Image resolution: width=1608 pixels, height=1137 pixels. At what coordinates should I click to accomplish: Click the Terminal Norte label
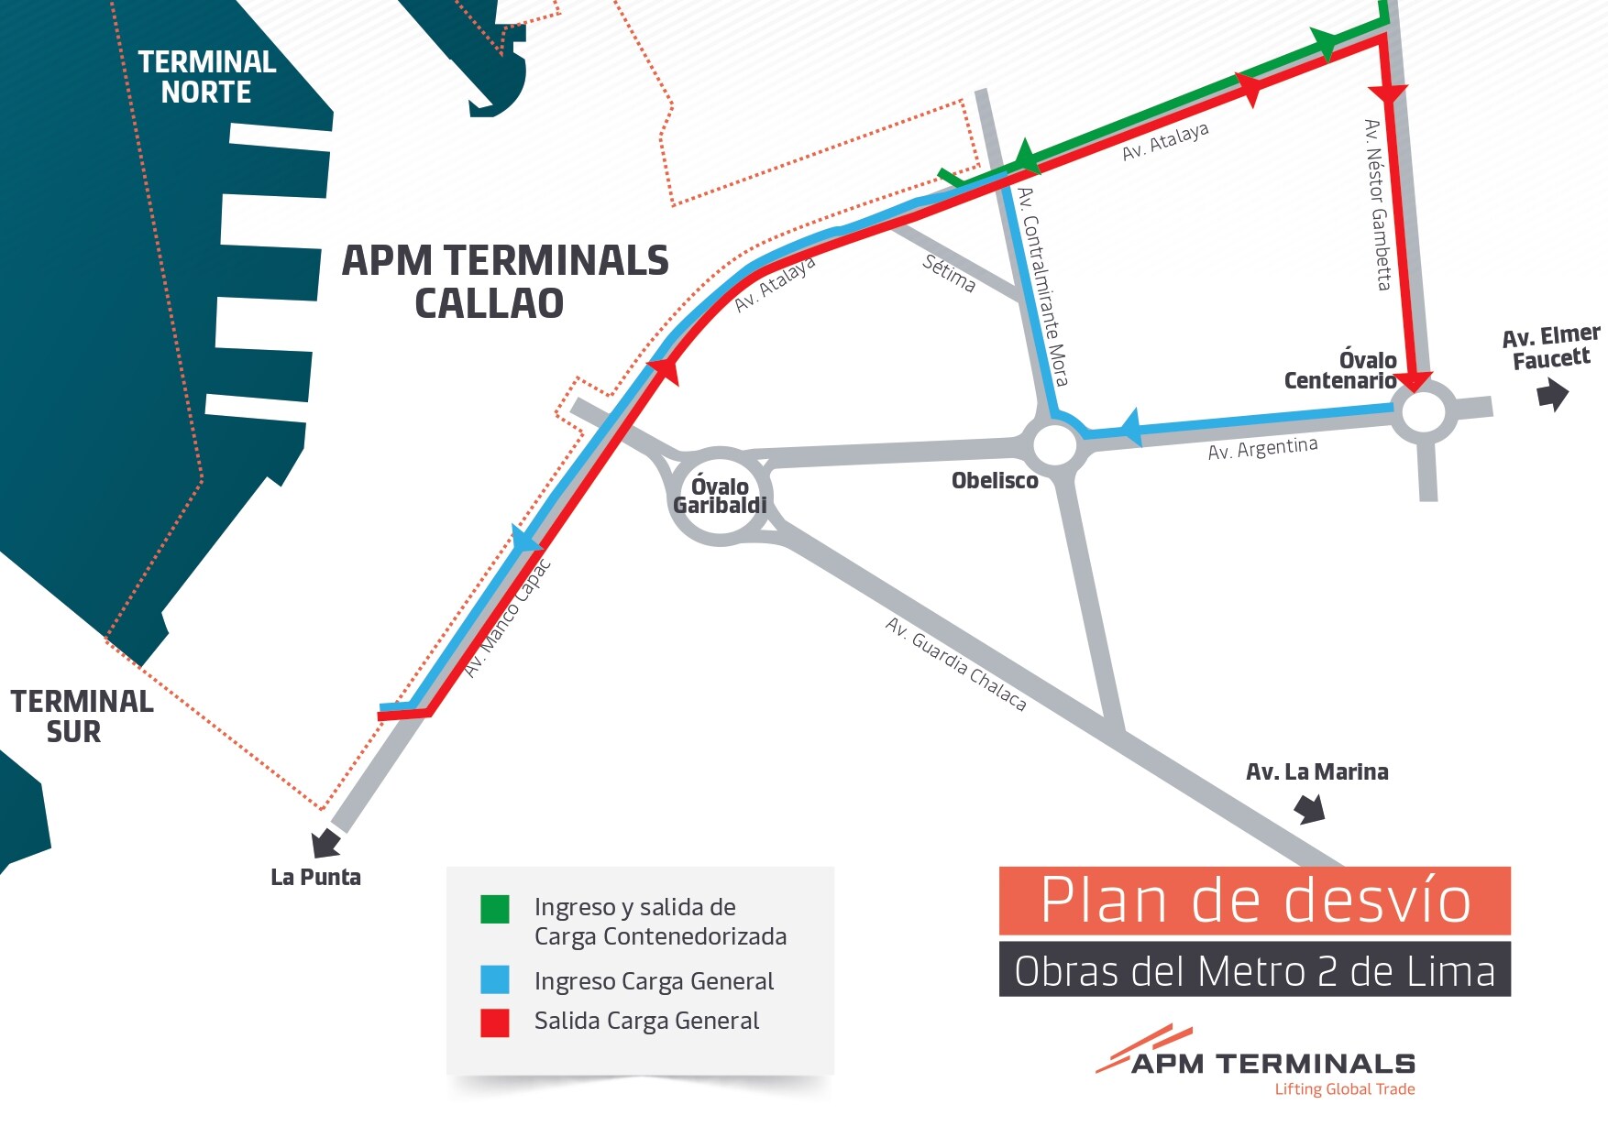pyautogui.click(x=206, y=77)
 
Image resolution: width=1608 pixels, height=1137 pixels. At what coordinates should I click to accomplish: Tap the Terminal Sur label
pyautogui.click(x=80, y=716)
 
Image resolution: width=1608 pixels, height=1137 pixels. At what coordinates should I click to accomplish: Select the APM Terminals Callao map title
pyautogui.click(x=504, y=281)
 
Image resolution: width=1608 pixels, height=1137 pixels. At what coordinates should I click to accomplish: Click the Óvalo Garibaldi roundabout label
pyautogui.click(x=720, y=496)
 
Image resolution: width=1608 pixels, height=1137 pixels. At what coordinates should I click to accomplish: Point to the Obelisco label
pyautogui.click(x=995, y=481)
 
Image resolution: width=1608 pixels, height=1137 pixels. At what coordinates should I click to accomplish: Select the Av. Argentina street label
pyautogui.click(x=1262, y=449)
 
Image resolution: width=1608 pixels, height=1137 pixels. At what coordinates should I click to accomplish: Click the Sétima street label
pyautogui.click(x=949, y=273)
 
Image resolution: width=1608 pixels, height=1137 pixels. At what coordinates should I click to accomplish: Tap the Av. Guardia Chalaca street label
pyautogui.click(x=955, y=663)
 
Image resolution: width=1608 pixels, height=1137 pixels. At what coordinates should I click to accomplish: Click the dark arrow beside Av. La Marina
pyautogui.click(x=1309, y=808)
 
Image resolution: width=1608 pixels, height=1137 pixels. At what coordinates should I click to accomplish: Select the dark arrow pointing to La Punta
pyautogui.click(x=325, y=842)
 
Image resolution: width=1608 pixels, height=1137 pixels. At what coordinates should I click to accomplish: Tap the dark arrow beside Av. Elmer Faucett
pyautogui.click(x=1552, y=395)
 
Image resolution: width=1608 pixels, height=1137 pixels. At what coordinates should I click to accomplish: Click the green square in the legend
pyautogui.click(x=495, y=909)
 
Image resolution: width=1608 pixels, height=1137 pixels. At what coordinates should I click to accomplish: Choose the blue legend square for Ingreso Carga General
pyautogui.click(x=495, y=979)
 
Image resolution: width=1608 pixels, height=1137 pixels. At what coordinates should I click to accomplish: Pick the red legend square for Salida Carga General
pyautogui.click(x=495, y=1022)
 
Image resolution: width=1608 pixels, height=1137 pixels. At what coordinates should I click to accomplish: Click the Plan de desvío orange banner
pyautogui.click(x=1254, y=901)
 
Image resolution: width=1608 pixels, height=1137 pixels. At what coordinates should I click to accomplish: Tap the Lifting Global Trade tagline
pyautogui.click(x=1344, y=1089)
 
